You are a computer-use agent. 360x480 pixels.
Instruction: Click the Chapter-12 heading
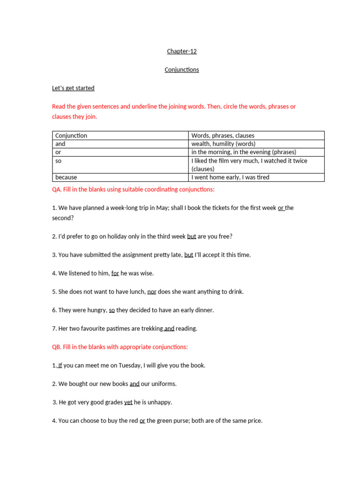pos(182,51)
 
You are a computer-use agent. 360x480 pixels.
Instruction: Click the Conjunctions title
pos(182,70)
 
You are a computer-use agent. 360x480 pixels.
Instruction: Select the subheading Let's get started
pos(73,88)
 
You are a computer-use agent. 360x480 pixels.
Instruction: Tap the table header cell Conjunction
pos(71,135)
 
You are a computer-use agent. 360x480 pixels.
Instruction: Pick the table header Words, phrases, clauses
pos(223,135)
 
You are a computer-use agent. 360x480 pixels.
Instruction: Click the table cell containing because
pos(66,177)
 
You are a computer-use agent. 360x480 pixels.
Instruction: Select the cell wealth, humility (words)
pos(223,144)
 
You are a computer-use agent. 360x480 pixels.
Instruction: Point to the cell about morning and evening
pos(244,152)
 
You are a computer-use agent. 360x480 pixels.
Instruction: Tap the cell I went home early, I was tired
pos(230,177)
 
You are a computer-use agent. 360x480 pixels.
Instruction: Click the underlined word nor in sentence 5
pos(152,292)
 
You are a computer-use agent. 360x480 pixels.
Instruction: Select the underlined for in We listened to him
pos(115,273)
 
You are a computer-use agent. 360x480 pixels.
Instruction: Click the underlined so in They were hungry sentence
pos(112,310)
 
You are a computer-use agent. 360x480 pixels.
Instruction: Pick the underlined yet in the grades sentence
pos(128,402)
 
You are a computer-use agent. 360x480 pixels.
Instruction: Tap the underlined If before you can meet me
pos(60,365)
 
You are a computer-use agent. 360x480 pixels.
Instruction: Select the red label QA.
pos(57,189)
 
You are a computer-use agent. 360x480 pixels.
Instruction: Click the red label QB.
pos(57,347)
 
